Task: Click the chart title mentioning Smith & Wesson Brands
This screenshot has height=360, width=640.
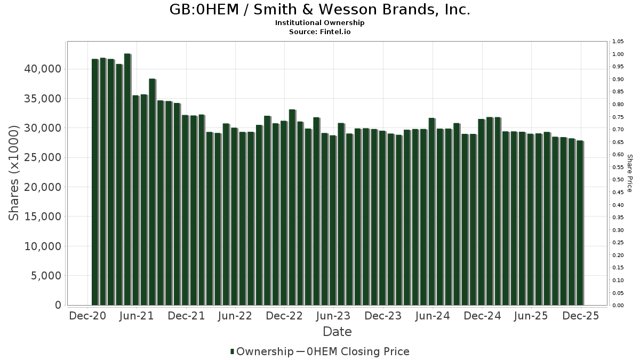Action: tap(320, 10)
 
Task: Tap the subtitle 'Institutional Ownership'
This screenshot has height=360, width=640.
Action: tap(320, 23)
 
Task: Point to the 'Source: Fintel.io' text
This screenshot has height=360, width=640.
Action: tap(320, 31)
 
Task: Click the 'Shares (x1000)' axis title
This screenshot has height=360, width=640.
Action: tap(15, 173)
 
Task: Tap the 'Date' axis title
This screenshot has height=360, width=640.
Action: tap(337, 332)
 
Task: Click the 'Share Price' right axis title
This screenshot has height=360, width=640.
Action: tap(629, 173)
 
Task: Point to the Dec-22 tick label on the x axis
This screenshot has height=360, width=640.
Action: tap(284, 316)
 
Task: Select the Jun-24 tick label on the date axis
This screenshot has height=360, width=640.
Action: tap(432, 316)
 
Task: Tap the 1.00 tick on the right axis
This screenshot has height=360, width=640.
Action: tap(618, 54)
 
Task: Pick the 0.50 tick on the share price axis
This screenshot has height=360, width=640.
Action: tap(618, 180)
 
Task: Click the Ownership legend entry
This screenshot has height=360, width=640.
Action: tap(261, 351)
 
